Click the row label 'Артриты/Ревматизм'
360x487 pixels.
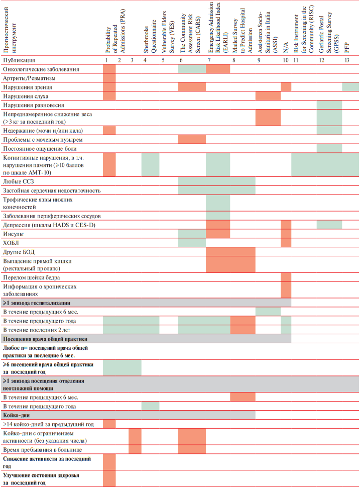[x=29, y=78]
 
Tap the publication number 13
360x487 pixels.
[x=347, y=60]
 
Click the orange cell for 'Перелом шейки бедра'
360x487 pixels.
[x=286, y=277]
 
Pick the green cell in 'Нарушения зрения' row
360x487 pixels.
[x=350, y=87]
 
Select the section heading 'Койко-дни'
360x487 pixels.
[x=16, y=415]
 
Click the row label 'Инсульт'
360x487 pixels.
[x=14, y=234]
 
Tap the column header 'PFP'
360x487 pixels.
[x=347, y=48]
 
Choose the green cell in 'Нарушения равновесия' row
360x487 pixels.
[x=329, y=105]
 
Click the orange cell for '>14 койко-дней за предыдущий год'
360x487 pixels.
[x=109, y=424]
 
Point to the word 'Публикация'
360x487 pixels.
[x=19, y=60]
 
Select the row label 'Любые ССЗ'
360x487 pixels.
[x=18, y=181]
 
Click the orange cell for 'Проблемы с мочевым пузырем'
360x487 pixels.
[x=192, y=139]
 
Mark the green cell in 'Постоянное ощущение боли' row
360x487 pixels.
[x=329, y=148]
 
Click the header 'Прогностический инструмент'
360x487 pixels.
[x=10, y=30]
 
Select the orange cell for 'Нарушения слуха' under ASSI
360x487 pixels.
[x=268, y=96]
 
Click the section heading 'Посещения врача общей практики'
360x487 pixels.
[x=45, y=339]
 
